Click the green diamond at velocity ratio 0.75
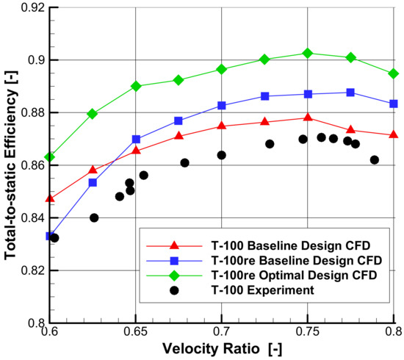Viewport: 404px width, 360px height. pyautogui.click(x=308, y=53)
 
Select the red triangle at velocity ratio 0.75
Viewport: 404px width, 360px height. pyautogui.click(x=308, y=118)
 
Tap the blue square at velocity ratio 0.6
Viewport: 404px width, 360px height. pyautogui.click(x=49, y=236)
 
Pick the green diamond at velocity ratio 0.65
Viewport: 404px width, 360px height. pyautogui.click(x=136, y=86)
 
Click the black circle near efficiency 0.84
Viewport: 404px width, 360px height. pyautogui.click(x=94, y=217)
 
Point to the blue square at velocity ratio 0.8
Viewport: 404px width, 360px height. pyautogui.click(x=394, y=104)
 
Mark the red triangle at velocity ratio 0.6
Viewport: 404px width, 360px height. pyautogui.click(x=49, y=198)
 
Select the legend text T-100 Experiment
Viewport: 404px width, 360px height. pyautogui.click(x=252, y=291)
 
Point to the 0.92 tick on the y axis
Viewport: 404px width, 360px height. pyautogui.click(x=49, y=7)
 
